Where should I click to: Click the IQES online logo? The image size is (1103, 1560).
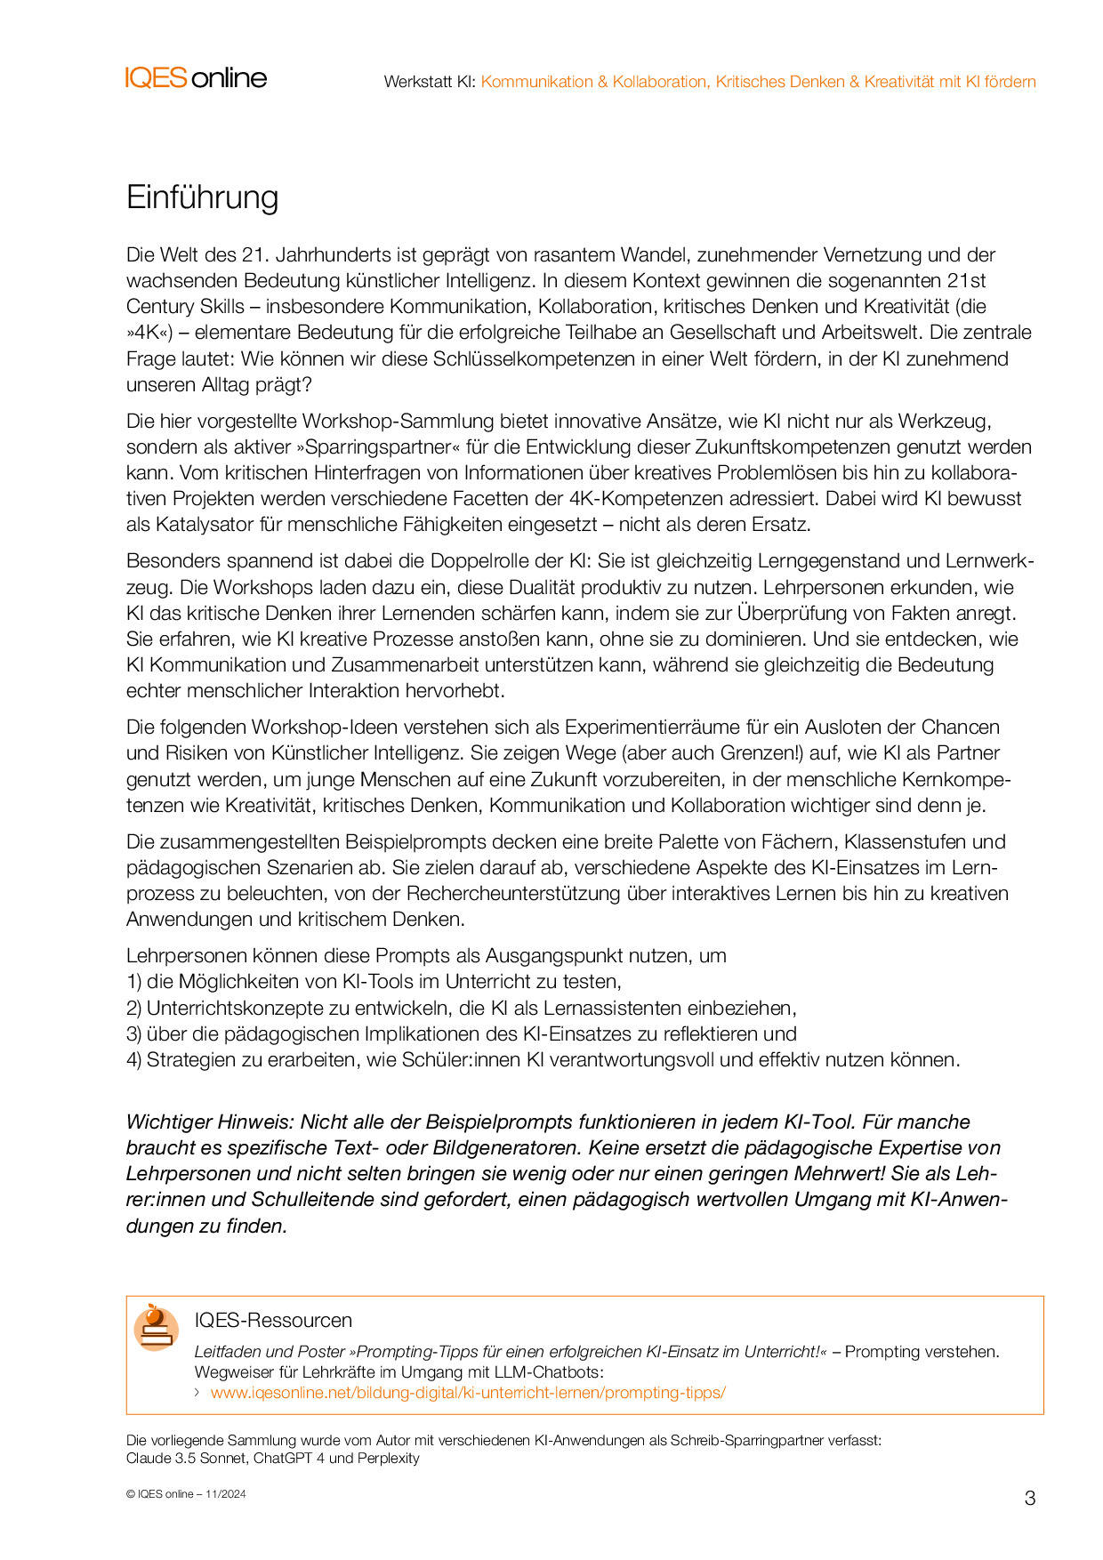click(x=196, y=78)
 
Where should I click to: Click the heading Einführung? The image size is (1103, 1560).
click(x=202, y=197)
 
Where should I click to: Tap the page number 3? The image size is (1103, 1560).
click(x=1030, y=1499)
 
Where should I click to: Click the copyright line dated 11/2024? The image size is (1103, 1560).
click(x=186, y=1494)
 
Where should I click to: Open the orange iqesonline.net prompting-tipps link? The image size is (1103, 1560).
click(x=468, y=1393)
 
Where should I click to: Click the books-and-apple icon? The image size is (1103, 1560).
click(x=156, y=1327)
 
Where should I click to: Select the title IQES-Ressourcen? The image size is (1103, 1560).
click(x=273, y=1321)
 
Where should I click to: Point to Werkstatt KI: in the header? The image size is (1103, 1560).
click(x=430, y=82)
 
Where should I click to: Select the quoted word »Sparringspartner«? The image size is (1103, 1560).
click(x=374, y=447)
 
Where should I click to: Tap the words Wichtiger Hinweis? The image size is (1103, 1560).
click(x=209, y=1122)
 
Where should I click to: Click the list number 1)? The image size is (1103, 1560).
click(x=134, y=982)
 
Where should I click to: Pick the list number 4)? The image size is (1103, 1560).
click(x=134, y=1060)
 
